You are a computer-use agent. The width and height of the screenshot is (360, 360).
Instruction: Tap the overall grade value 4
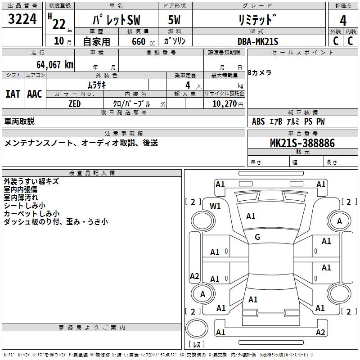pyautogui.click(x=343, y=21)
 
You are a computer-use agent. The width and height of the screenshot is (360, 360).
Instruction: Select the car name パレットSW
pyautogui.click(x=116, y=21)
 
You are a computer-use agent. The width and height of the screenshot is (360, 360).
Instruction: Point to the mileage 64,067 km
pyautogui.click(x=51, y=65)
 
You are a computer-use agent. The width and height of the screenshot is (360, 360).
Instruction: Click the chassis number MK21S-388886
pyautogui.click(x=302, y=143)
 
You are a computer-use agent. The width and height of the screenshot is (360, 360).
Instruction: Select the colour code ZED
pyautogui.click(x=74, y=104)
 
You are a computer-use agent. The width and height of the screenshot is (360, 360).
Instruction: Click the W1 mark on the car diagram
pyautogui.click(x=216, y=206)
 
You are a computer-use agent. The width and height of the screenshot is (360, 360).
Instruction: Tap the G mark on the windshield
pyautogui.click(x=257, y=237)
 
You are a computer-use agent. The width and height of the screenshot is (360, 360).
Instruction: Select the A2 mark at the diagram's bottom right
pyautogui.click(x=320, y=333)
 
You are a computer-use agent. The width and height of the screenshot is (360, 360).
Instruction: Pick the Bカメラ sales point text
pyautogui.click(x=260, y=73)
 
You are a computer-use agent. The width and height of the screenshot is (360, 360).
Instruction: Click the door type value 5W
pyautogui.click(x=175, y=21)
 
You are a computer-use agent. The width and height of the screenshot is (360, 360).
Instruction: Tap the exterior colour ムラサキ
pyautogui.click(x=96, y=85)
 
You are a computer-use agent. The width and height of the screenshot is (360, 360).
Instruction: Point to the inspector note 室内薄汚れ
pyautogui.click(x=21, y=198)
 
